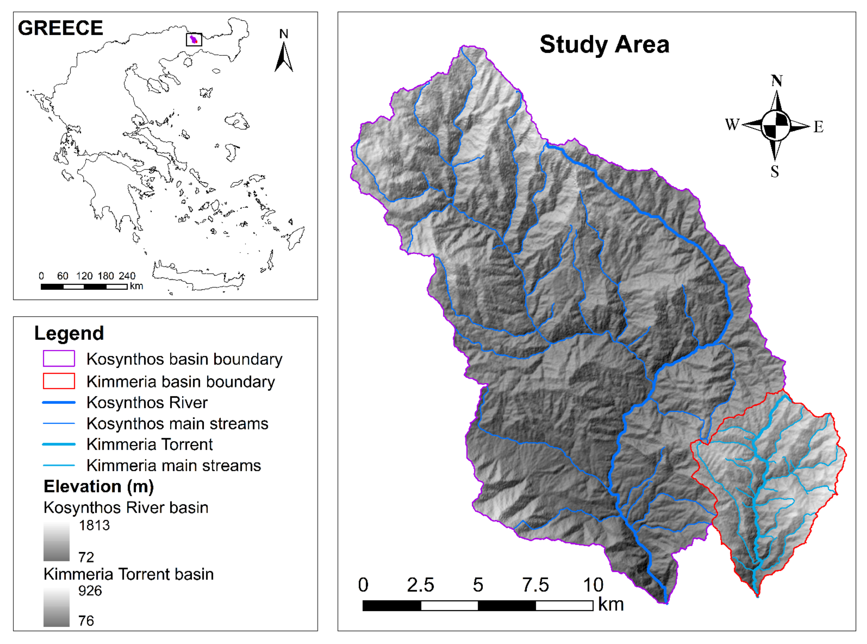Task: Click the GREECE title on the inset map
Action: click(x=60, y=28)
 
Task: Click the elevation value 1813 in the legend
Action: click(x=94, y=526)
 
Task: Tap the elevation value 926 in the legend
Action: click(x=90, y=591)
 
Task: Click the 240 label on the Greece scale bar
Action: click(x=127, y=276)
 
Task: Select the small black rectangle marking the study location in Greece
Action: click(x=194, y=39)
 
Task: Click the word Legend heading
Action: click(x=69, y=333)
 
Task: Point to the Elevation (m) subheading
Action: click(x=99, y=486)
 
